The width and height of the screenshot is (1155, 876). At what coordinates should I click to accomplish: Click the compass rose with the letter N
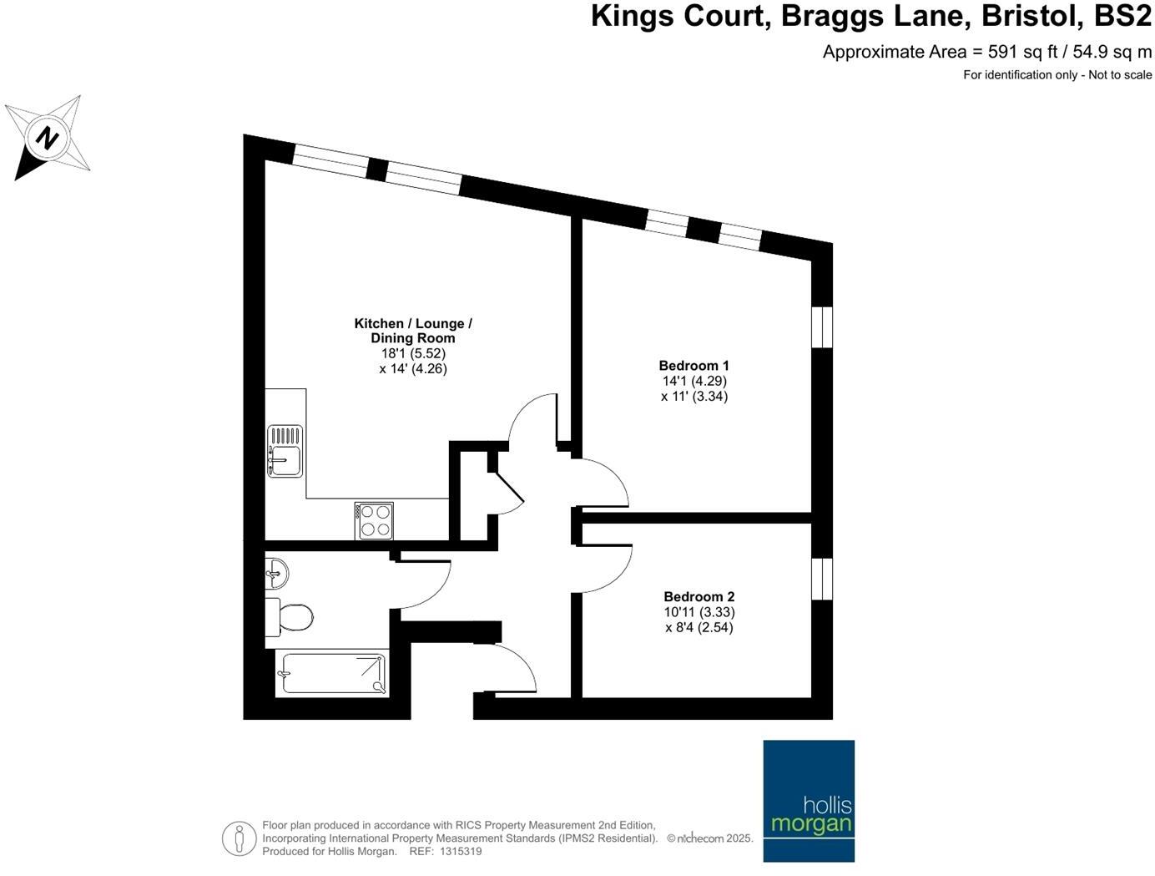(x=48, y=138)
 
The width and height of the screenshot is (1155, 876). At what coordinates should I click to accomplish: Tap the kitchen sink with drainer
(x=285, y=451)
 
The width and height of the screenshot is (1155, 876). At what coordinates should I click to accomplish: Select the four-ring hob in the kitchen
(x=374, y=520)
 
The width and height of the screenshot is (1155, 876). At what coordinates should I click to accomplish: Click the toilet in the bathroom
(x=290, y=618)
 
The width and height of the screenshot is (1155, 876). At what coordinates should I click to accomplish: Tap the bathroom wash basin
(x=276, y=574)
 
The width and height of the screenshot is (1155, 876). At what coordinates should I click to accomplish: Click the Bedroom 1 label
(x=694, y=366)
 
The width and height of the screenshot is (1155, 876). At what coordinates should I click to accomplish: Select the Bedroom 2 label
(x=699, y=596)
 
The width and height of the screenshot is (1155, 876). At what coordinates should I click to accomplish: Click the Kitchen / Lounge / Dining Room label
(x=413, y=331)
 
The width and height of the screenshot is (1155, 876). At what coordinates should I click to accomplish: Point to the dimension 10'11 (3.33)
(x=699, y=612)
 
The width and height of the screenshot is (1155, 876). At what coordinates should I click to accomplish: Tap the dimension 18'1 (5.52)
(x=413, y=353)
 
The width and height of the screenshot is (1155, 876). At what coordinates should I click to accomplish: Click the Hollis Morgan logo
(x=809, y=800)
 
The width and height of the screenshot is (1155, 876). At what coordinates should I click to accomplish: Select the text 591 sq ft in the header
(x=1022, y=52)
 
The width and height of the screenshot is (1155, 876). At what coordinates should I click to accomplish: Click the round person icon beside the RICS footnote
(x=239, y=838)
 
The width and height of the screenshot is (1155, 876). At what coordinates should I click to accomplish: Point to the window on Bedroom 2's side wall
(x=822, y=579)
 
